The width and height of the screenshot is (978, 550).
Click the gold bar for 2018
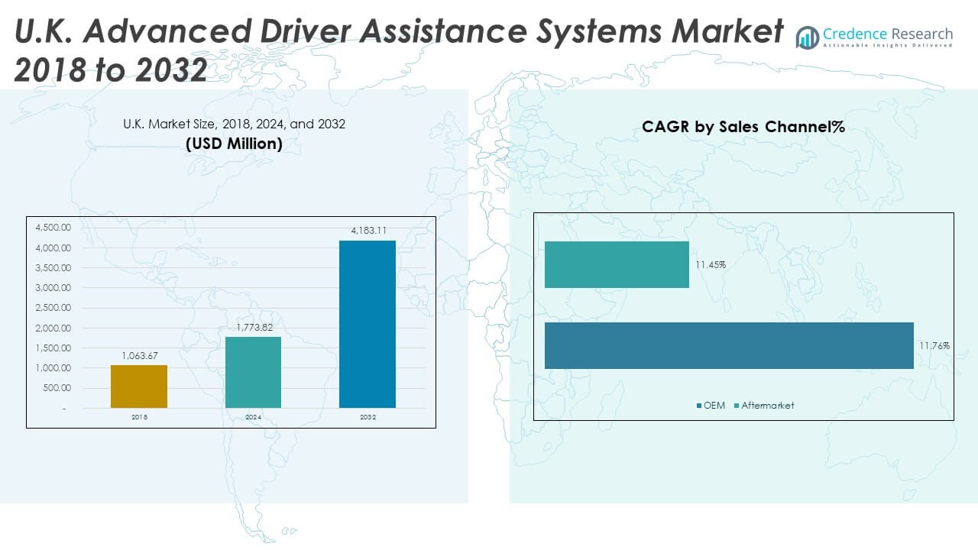tap(139, 387)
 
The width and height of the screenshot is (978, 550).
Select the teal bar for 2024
tap(253, 372)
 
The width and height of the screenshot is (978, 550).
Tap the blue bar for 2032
tap(368, 324)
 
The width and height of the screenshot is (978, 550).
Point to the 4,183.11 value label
tap(368, 230)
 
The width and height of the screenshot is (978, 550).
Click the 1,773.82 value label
tap(253, 327)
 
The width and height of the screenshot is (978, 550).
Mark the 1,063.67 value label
tap(139, 355)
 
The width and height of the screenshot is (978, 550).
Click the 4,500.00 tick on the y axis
tap(53, 228)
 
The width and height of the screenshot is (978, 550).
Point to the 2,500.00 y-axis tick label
tap(53, 308)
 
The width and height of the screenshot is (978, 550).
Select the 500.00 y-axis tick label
tap(56, 388)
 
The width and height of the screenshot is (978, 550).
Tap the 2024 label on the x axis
tap(253, 417)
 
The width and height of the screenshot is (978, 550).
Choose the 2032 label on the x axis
tap(368, 417)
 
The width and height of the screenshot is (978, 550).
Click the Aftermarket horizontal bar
tap(617, 265)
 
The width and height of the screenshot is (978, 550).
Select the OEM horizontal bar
tap(729, 345)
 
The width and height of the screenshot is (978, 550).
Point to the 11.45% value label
tap(711, 265)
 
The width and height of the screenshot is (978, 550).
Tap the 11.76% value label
tap(934, 346)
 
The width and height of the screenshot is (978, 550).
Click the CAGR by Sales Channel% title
tap(743, 128)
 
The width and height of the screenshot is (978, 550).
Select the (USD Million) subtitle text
tap(234, 144)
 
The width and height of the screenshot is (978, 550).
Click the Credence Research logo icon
tap(807, 37)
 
